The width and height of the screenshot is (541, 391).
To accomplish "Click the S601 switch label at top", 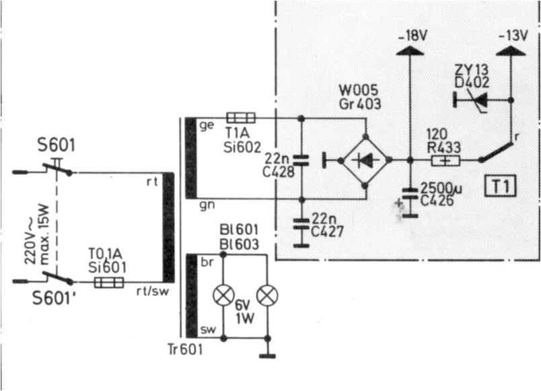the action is click(x=57, y=145).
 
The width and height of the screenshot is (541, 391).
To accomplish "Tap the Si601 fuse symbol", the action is click(x=109, y=283).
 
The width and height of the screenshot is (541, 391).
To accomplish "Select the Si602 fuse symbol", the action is click(x=241, y=118).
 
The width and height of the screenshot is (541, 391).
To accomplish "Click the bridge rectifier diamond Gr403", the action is click(x=366, y=159).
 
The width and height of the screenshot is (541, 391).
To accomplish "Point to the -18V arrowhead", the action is click(x=410, y=50).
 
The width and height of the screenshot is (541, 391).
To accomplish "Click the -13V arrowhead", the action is click(x=511, y=50).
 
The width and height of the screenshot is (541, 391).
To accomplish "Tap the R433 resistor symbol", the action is click(x=445, y=160).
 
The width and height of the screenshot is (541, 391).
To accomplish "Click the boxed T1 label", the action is click(x=500, y=186).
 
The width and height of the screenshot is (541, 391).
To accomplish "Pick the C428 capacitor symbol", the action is click(x=301, y=160).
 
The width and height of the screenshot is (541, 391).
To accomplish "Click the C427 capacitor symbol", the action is click(x=301, y=223).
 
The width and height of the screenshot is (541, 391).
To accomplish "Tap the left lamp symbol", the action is click(x=223, y=295).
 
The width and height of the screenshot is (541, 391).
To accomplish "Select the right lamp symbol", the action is click(x=267, y=295).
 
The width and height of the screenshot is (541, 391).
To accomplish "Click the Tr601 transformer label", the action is click(x=185, y=349).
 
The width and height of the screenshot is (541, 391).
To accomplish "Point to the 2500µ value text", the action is click(x=441, y=188).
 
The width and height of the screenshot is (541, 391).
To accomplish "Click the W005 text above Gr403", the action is click(x=359, y=91).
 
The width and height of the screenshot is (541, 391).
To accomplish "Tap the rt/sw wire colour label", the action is click(x=153, y=291).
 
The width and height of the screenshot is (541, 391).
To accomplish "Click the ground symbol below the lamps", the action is click(x=267, y=355).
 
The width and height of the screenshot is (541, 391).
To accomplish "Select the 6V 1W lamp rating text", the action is click(x=245, y=312).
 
